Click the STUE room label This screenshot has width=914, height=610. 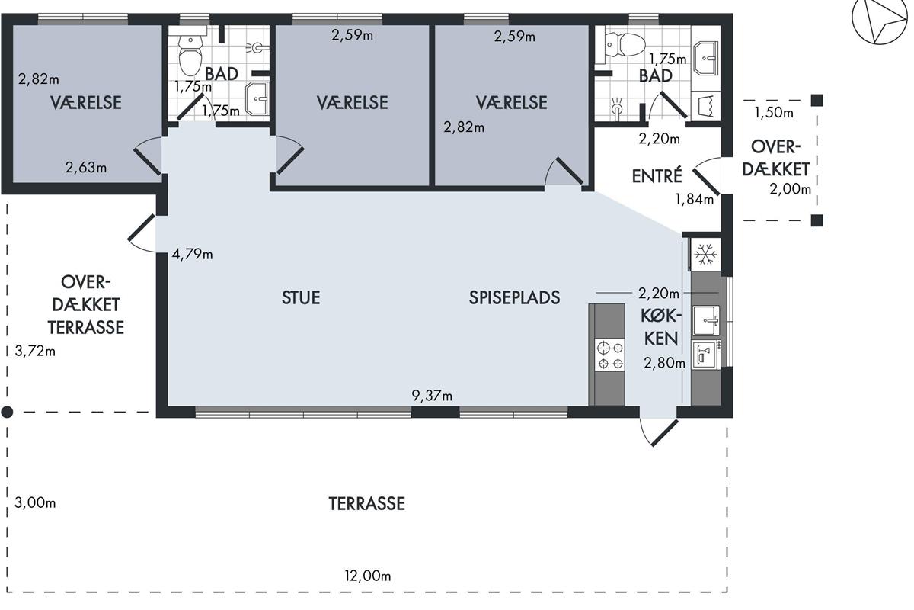click(301, 298)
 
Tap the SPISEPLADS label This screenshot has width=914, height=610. click(514, 298)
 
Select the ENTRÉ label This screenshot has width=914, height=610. click(657, 175)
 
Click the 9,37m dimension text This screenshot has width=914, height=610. click(432, 396)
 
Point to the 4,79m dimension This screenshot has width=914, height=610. click(192, 255)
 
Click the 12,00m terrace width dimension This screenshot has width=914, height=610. click(368, 576)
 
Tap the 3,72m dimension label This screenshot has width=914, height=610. click(35, 351)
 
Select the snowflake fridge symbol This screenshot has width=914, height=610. click(705, 254)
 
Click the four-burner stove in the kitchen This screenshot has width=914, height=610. click(609, 355)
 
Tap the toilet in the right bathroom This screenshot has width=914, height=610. click(625, 44)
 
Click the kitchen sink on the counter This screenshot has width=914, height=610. click(705, 321)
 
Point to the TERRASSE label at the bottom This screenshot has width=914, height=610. click(367, 504)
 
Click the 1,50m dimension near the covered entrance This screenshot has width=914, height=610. click(774, 113)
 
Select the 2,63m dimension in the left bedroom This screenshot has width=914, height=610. click(86, 167)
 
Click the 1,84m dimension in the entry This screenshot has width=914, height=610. click(695, 199)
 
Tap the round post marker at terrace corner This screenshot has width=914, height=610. click(7, 413)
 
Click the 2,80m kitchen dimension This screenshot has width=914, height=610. click(665, 363)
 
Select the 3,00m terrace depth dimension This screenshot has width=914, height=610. click(35, 503)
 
